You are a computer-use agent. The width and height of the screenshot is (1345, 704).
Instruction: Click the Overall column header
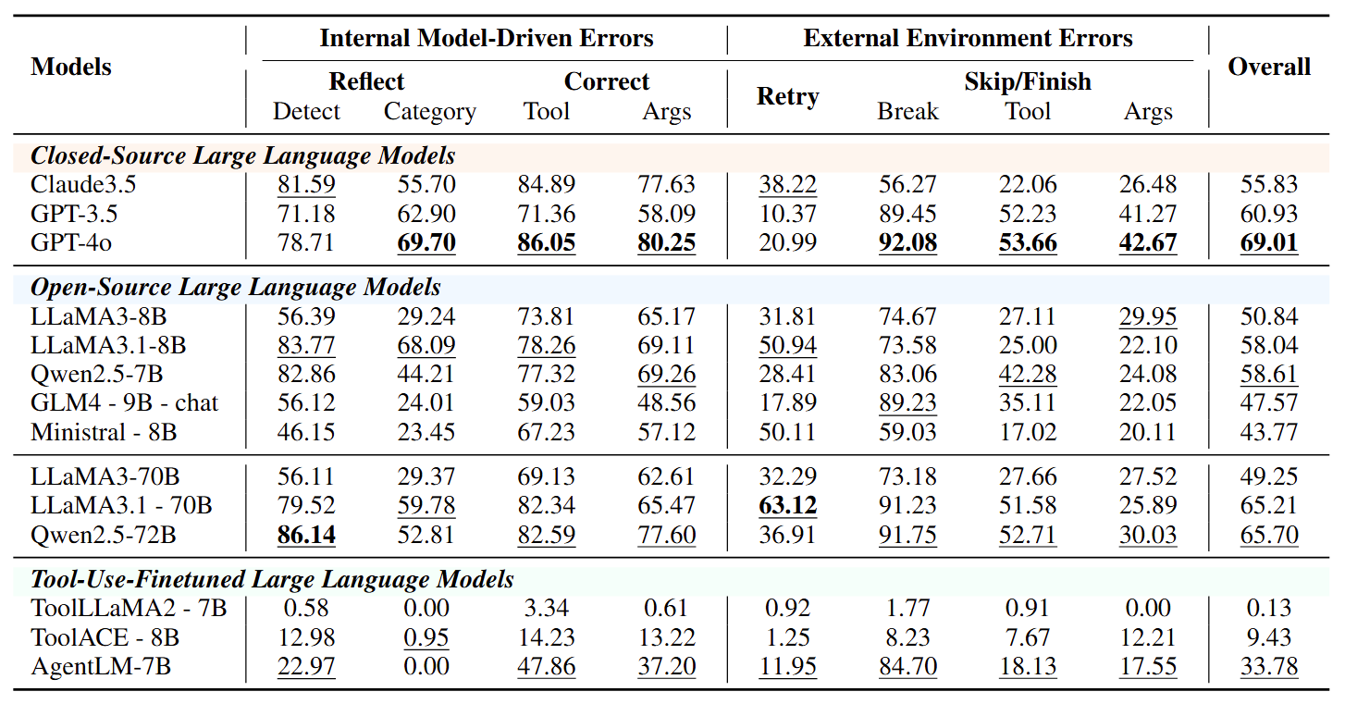[1269, 67]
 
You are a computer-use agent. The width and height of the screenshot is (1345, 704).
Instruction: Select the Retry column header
[788, 96]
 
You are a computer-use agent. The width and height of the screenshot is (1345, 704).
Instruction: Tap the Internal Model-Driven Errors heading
[487, 38]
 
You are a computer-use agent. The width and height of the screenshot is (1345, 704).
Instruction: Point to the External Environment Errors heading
[968, 38]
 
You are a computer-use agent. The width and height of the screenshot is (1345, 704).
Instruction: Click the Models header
[71, 67]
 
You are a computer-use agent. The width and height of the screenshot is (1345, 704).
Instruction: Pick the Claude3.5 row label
[83, 184]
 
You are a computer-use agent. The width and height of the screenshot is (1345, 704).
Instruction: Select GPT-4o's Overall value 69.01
[1269, 242]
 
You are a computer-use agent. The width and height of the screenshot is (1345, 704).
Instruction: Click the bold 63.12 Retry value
[788, 505]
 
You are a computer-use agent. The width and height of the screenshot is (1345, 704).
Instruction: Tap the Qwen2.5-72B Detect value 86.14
[306, 535]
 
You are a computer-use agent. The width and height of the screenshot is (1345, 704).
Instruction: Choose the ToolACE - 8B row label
[105, 637]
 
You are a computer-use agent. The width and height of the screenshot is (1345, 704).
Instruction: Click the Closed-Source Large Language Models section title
[242, 155]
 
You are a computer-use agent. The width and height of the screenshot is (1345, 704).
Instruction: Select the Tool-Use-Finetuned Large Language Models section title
[272, 579]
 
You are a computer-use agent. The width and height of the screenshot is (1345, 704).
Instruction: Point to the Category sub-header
[430, 112]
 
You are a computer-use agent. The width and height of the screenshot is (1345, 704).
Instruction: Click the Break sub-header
[907, 111]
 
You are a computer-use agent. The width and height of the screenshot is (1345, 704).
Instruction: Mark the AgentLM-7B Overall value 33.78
[1269, 666]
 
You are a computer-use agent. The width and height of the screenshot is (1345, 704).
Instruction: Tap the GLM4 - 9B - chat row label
[124, 402]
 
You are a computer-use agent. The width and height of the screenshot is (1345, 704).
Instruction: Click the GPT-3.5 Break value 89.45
[907, 214]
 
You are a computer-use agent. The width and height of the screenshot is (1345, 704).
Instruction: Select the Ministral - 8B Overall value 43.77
[1269, 432]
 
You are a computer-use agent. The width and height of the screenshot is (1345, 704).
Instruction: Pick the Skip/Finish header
[1028, 81]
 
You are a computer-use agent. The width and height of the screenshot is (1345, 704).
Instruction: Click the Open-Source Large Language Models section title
[235, 287]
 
